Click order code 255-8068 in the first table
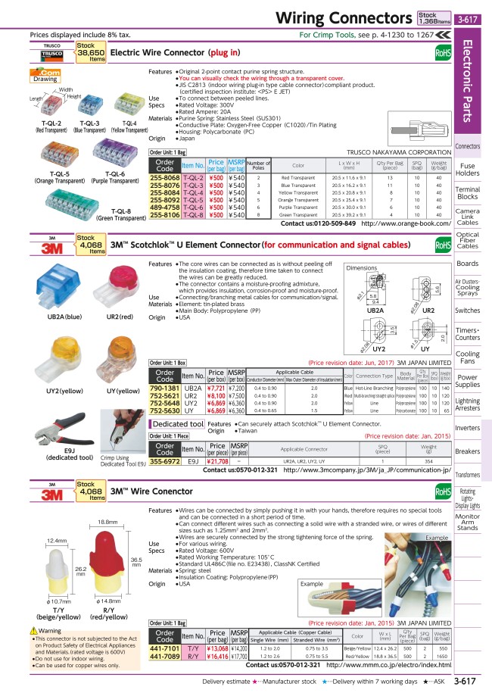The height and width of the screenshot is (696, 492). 164,176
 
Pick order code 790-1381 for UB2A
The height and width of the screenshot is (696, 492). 164,387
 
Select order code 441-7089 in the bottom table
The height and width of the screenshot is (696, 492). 164,655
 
